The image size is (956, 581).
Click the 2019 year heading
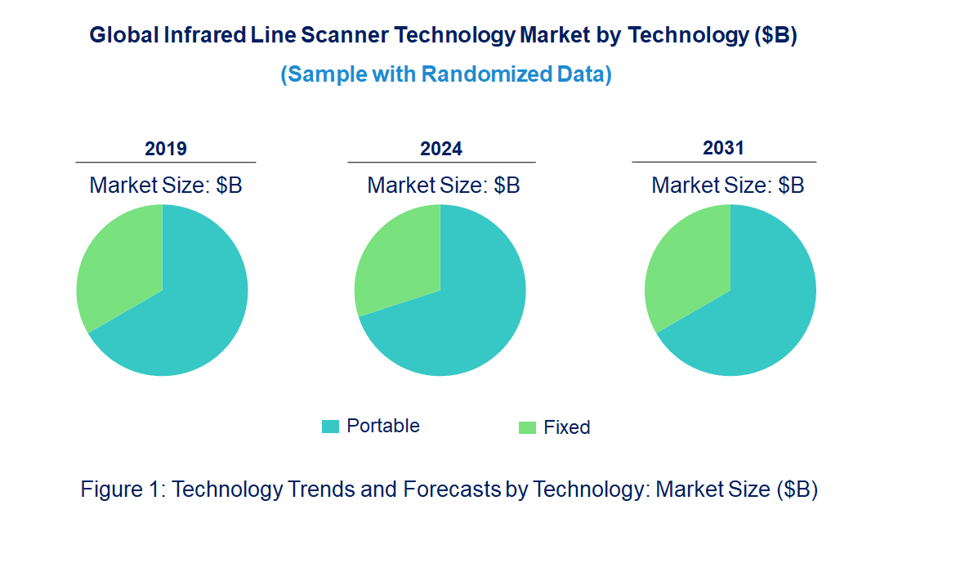[166, 149]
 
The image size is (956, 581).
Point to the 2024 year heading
[441, 149]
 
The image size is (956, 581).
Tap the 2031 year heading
[724, 148]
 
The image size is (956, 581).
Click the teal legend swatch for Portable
[330, 426]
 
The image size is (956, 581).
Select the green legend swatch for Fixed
[527, 427]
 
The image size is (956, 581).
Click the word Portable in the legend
[383, 426]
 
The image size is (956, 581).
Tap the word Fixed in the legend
[567, 427]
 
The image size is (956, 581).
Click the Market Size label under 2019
[166, 185]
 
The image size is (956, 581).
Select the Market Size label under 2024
[444, 185]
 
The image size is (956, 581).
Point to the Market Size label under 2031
[728, 185]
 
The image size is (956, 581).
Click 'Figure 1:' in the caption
[123, 489]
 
